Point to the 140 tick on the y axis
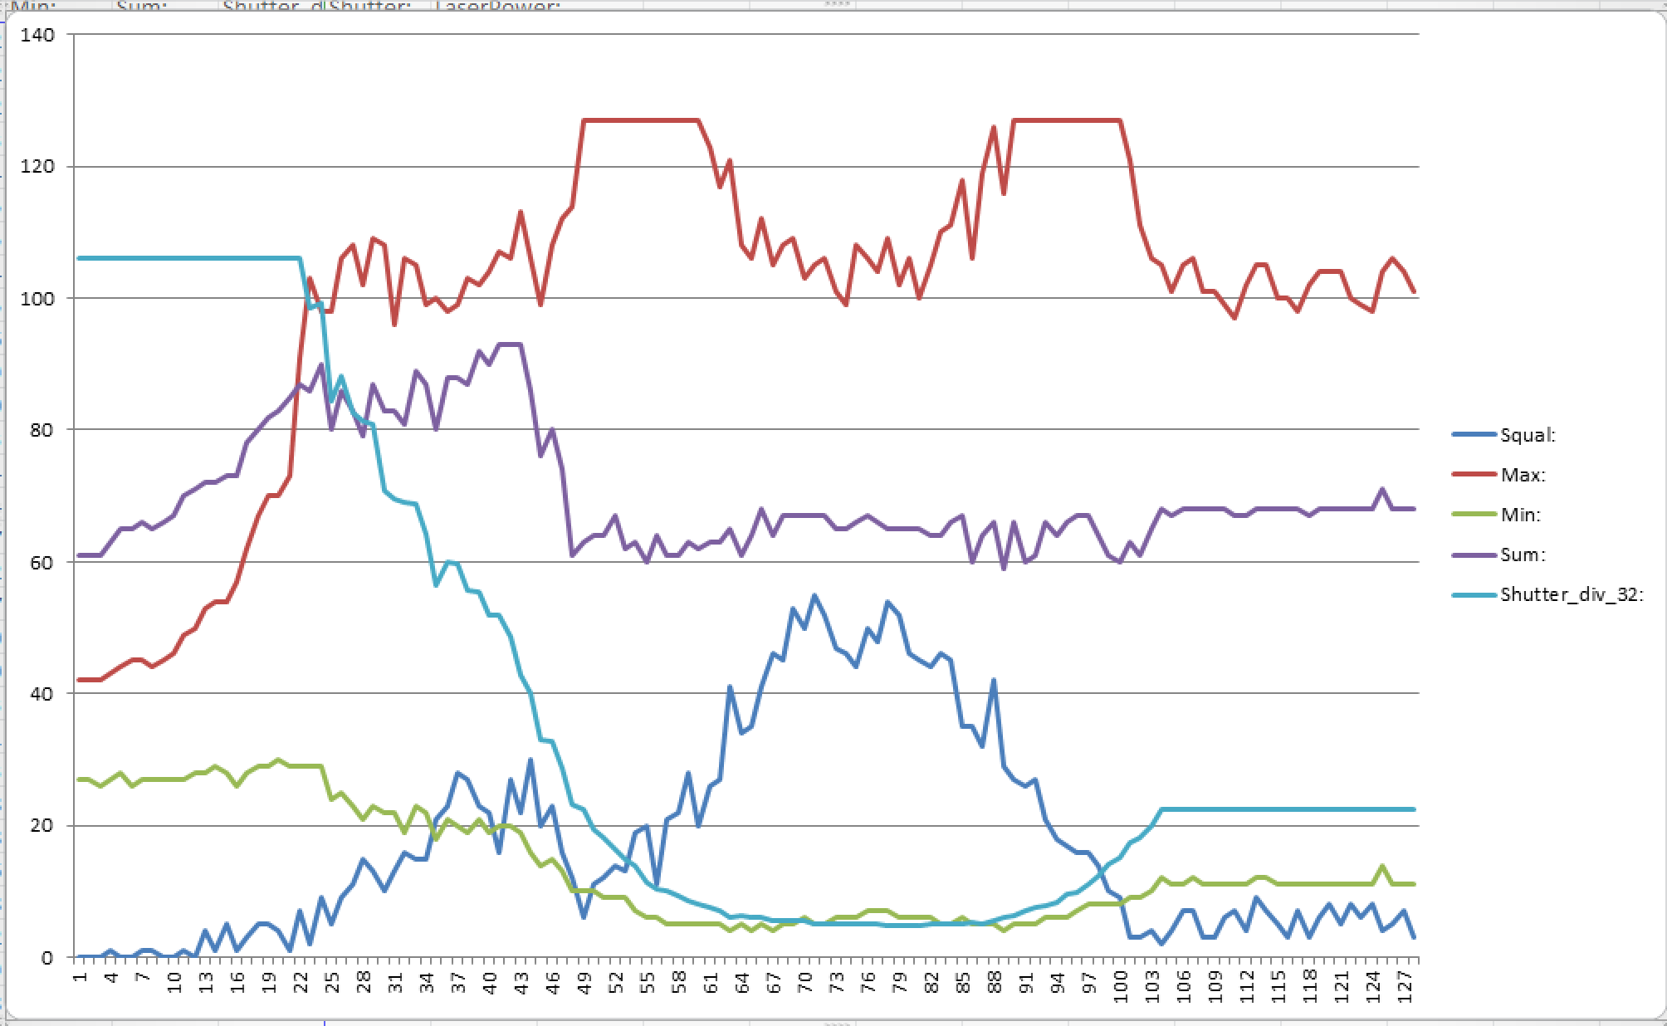click(38, 35)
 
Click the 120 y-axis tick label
click(38, 167)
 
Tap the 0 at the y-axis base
click(47, 958)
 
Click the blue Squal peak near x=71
click(814, 595)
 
